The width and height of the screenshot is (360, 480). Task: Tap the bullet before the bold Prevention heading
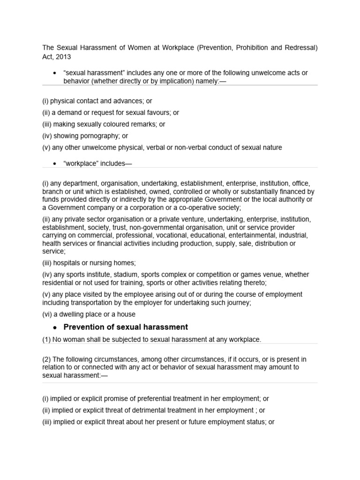[x=55, y=327]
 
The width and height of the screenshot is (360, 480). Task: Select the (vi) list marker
[x=48, y=314]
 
